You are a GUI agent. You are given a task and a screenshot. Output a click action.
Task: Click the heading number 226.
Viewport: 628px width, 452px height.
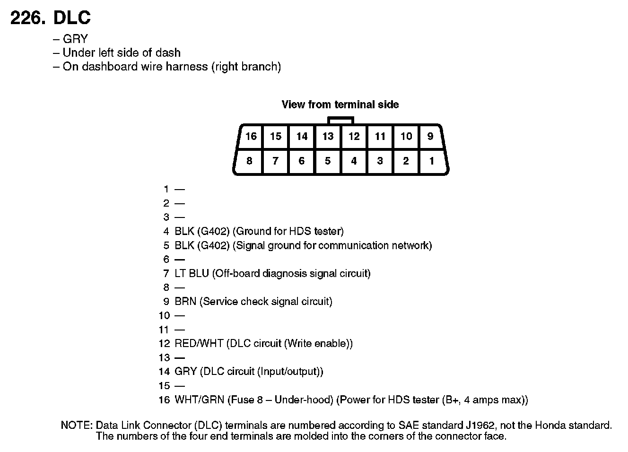28,18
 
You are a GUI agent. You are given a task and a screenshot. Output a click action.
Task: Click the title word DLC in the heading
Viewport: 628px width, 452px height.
72,18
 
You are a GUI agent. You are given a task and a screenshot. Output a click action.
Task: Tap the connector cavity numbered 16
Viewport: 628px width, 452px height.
251,137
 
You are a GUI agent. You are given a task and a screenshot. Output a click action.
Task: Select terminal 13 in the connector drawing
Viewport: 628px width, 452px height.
328,137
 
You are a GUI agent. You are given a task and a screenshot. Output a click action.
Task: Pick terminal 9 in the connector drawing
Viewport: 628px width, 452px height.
430,137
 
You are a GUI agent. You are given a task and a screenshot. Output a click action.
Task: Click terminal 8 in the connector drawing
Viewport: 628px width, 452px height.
249,161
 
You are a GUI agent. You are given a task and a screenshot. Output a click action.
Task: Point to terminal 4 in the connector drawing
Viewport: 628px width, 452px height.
354,161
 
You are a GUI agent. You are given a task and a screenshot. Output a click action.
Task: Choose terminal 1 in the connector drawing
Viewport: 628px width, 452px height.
431,161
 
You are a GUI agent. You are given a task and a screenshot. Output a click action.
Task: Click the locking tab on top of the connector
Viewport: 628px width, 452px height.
340,120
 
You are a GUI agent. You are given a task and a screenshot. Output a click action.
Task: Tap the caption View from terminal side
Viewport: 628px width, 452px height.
340,104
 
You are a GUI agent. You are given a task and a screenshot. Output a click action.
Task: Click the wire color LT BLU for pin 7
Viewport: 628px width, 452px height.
192,273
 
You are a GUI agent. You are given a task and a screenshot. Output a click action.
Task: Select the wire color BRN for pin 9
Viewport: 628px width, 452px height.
185,302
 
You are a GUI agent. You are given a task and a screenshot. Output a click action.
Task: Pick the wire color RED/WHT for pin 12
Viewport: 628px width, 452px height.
199,344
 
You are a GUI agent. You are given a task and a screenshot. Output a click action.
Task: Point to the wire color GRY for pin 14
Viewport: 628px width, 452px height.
185,372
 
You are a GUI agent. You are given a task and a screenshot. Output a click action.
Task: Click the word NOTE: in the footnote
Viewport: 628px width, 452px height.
77,426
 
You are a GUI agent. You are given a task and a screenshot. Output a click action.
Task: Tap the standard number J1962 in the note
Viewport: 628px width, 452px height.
479,426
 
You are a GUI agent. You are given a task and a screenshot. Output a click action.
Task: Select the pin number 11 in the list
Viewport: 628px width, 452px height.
164,330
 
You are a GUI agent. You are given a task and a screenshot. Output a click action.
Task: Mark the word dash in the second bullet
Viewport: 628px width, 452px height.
169,52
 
